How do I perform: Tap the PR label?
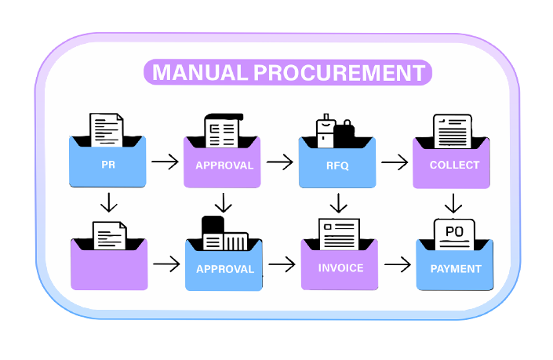108,165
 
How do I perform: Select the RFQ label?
338,165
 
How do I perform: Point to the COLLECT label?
454,165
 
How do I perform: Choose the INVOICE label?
340,267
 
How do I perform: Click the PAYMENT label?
456,268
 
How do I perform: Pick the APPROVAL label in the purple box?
224,165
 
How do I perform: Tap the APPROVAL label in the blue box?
225,268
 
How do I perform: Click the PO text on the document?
453,231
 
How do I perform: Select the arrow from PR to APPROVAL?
165,162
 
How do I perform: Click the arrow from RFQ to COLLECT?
395,162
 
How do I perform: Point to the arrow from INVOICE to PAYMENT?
398,264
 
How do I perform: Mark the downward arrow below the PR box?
109,203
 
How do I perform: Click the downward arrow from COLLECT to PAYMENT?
453,203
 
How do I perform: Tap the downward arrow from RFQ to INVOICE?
338,203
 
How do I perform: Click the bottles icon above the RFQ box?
335,131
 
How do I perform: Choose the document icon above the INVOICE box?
339,234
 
